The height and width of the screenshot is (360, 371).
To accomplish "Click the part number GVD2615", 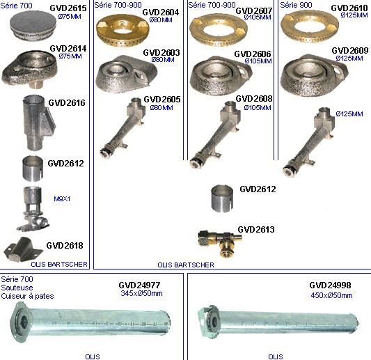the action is [68, 8].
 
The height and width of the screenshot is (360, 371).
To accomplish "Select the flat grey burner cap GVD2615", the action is [33, 25].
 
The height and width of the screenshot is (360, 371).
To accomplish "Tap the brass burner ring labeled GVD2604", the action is [123, 30].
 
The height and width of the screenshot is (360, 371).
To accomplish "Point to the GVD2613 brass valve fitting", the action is [219, 242].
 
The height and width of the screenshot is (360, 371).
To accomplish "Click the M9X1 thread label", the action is [62, 199].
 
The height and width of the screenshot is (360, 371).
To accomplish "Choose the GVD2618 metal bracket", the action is [23, 249].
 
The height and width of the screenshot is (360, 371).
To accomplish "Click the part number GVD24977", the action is [139, 285].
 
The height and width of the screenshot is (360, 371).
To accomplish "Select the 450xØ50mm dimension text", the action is [331, 295].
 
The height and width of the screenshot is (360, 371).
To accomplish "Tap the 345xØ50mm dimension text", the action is [141, 293].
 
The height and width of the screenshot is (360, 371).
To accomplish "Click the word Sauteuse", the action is [17, 288].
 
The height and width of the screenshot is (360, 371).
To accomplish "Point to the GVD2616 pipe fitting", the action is [38, 123].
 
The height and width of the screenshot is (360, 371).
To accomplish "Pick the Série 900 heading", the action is [296, 5].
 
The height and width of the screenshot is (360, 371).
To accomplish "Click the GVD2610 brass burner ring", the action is [310, 27].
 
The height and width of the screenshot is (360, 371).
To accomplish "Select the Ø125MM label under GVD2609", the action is [349, 58].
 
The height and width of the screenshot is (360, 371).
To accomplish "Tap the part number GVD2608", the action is [254, 98].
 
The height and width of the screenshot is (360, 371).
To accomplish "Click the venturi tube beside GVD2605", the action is [123, 128].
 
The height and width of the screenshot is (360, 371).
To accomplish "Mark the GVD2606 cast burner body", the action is [221, 76].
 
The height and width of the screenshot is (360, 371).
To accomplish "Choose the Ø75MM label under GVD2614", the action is [70, 56].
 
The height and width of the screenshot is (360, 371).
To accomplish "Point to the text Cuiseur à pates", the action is [27, 296].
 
